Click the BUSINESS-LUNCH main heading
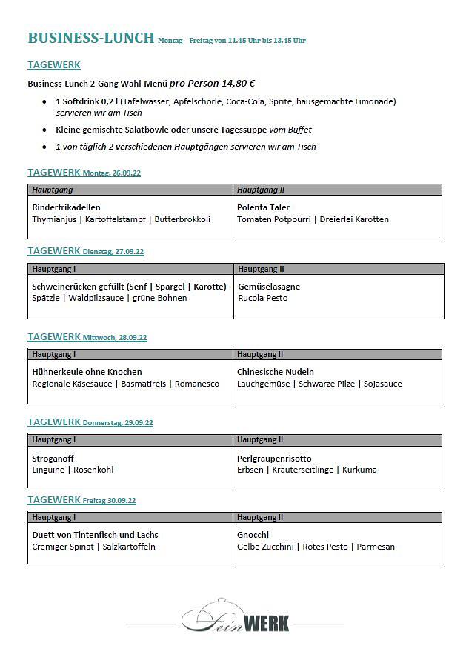(90, 38)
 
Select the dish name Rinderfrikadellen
(66, 207)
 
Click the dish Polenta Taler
(263, 207)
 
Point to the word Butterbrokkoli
(182, 219)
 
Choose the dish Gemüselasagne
(269, 287)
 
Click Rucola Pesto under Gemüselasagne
(263, 298)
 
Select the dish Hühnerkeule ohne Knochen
(87, 372)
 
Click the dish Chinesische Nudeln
(276, 372)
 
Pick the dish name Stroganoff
(53, 459)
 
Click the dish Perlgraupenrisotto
(274, 459)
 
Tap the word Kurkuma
(359, 470)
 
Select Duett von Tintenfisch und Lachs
(95, 535)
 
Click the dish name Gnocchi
(253, 535)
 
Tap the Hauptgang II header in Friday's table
(261, 517)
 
